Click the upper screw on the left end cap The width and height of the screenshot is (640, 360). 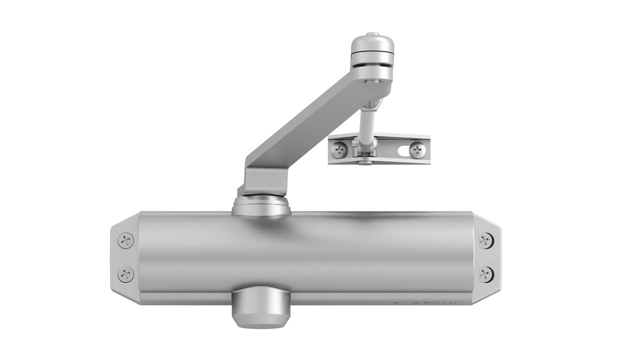[x=125, y=240]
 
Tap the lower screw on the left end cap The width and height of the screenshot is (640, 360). [x=125, y=274]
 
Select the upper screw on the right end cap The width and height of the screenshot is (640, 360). [x=484, y=240]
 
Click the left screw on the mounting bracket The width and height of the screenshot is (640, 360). [x=340, y=148]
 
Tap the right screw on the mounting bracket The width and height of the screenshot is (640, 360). [x=416, y=149]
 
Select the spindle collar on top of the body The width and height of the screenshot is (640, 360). [x=261, y=205]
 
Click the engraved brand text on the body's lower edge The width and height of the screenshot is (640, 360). [x=425, y=302]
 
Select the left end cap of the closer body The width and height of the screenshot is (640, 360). [x=124, y=257]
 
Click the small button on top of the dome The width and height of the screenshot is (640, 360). [x=371, y=35]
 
